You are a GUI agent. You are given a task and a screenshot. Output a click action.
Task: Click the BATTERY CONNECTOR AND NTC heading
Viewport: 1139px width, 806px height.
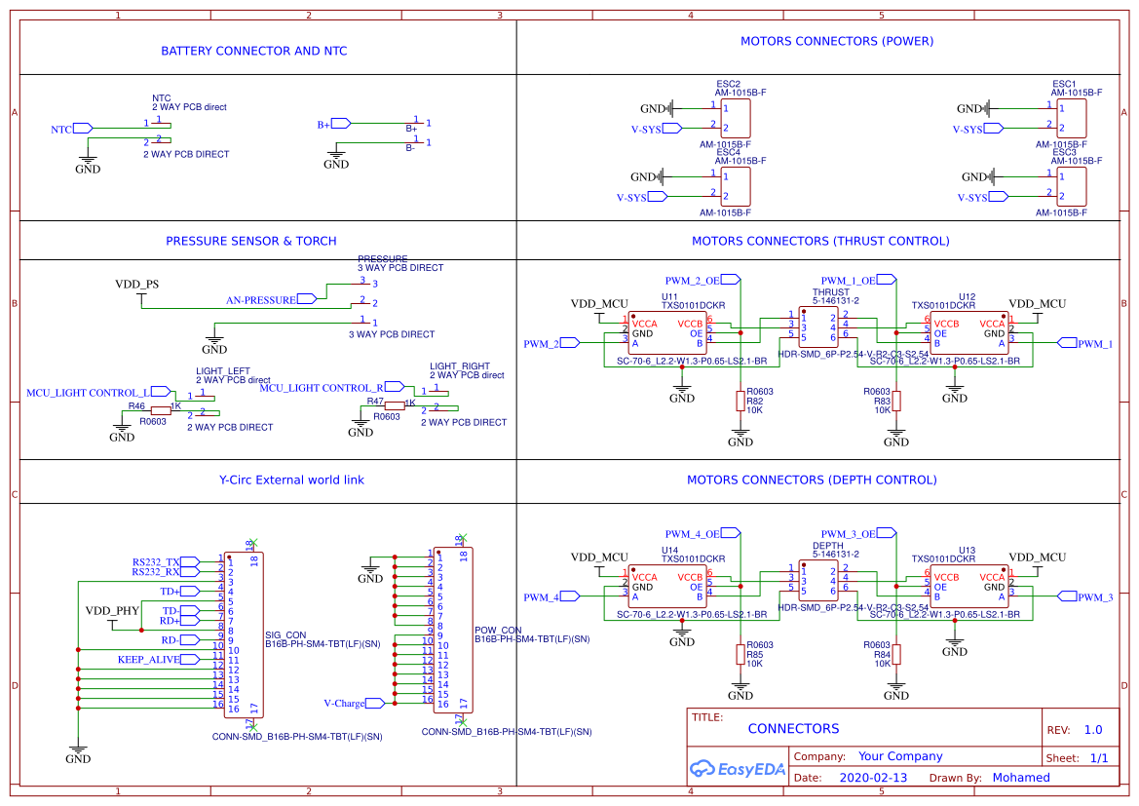pos(253,51)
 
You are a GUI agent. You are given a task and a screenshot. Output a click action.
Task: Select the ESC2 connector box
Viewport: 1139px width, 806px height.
pos(736,118)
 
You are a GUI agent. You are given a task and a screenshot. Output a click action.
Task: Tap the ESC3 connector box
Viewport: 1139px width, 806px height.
pos(1072,185)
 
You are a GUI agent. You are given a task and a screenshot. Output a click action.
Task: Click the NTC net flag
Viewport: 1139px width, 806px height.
pos(82,128)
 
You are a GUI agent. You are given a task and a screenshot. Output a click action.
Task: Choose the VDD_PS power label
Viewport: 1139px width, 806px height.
pos(136,285)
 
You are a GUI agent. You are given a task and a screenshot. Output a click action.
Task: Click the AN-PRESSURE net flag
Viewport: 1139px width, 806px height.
pos(307,299)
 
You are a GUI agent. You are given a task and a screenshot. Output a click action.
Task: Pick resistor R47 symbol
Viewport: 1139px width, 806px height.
pos(394,404)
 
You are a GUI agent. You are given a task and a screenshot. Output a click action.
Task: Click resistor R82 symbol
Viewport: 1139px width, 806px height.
pos(740,401)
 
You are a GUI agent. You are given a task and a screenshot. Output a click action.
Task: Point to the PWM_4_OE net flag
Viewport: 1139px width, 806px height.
pos(733,533)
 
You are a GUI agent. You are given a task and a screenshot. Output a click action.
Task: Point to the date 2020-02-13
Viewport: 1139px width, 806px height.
pos(872,778)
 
